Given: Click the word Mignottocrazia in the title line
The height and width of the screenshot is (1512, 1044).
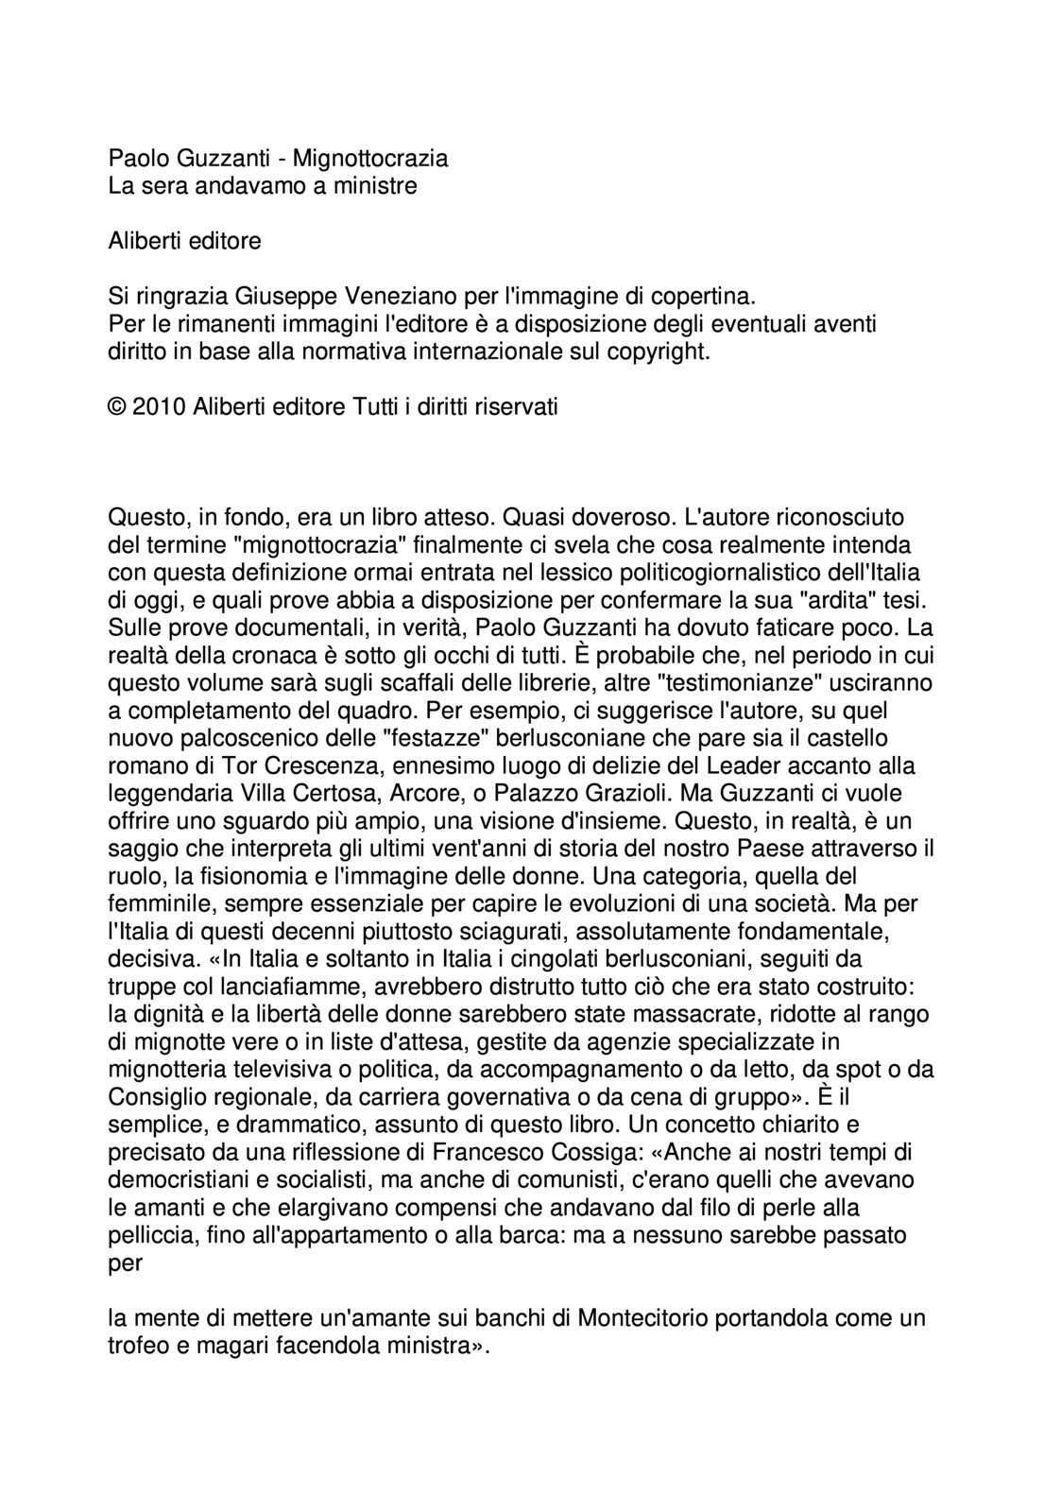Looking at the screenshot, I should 370,158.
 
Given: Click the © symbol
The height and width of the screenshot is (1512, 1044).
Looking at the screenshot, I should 117,407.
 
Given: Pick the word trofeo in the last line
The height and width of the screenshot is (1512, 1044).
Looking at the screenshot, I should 138,1346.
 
